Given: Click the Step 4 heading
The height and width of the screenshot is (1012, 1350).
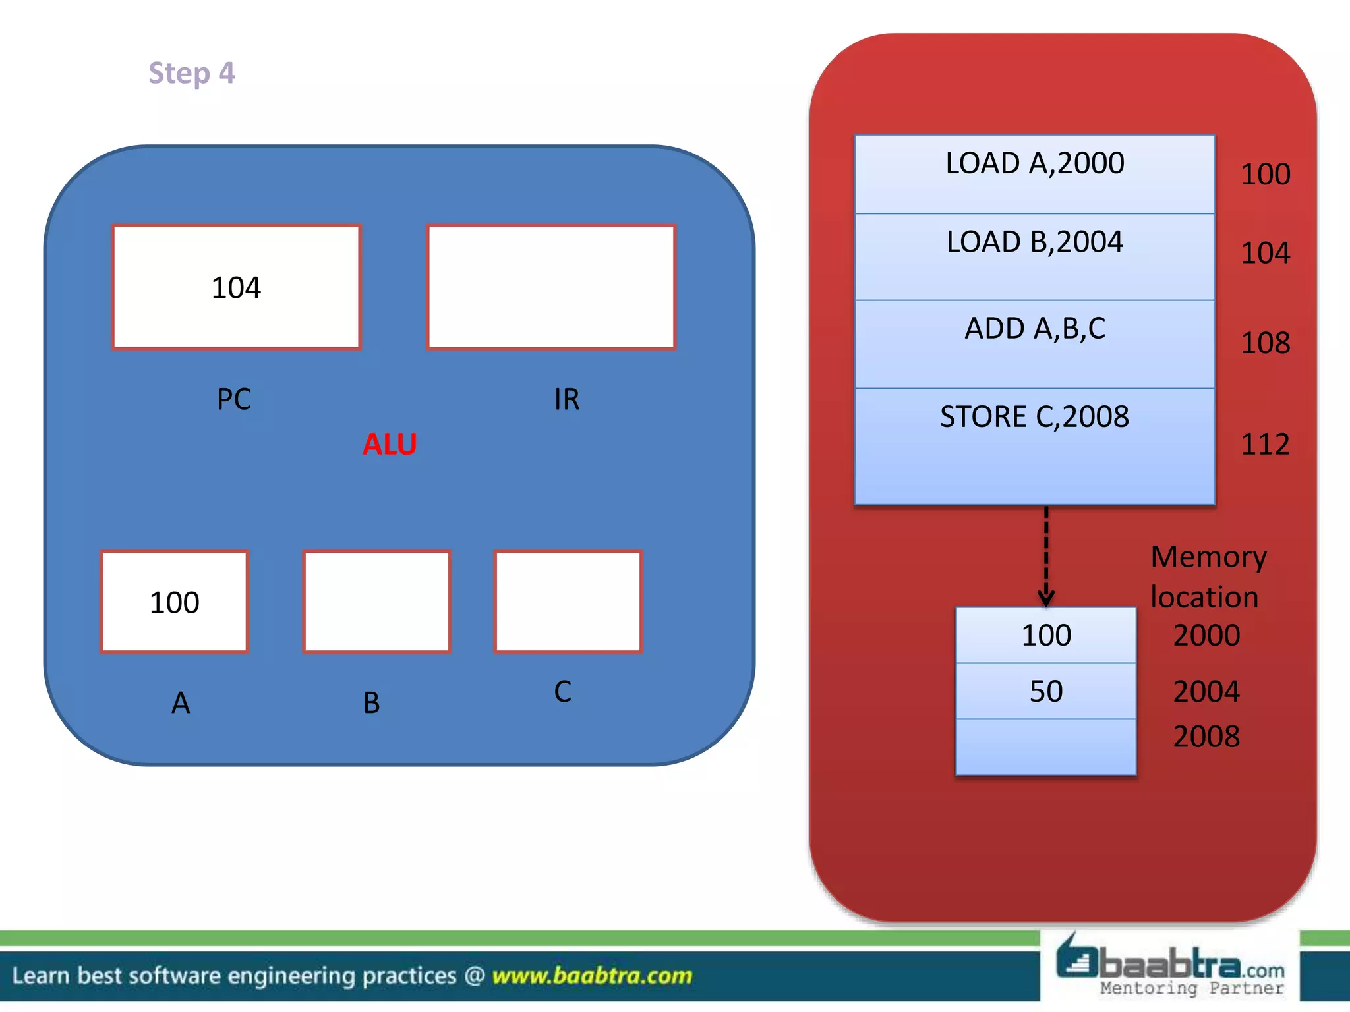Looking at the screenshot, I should click(191, 73).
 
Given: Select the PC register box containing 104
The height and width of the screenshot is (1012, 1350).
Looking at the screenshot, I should click(236, 287).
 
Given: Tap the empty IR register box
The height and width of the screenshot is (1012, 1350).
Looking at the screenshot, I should click(551, 287).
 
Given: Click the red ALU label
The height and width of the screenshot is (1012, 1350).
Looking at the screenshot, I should click(390, 444).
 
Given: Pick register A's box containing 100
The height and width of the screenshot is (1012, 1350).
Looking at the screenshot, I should click(175, 602).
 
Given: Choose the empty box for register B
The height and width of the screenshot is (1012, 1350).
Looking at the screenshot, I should click(376, 602).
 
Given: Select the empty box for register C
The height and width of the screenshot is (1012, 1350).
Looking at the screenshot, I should click(568, 602).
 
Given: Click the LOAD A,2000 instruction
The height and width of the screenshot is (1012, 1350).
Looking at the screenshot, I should click(1034, 163).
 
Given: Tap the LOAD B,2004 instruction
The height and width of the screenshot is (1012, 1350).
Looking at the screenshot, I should click(1034, 242).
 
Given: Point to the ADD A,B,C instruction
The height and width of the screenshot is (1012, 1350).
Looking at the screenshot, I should click(1034, 329).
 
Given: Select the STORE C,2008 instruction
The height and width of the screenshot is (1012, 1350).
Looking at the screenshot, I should click(1034, 417).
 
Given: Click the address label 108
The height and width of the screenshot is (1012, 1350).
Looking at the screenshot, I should click(1265, 343).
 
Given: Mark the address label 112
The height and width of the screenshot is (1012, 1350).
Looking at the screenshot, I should click(1265, 444).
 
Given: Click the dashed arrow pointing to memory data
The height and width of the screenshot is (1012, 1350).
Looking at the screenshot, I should click(1046, 557).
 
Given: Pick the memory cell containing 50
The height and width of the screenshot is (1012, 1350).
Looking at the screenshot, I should click(1046, 691).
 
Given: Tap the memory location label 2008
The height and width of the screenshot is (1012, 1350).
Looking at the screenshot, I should click(1206, 736).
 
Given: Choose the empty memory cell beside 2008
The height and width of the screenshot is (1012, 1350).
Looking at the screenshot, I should click(1046, 747).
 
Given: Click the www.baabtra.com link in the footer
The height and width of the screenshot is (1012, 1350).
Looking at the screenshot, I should click(592, 975).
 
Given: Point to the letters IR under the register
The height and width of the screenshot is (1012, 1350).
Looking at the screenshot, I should click(567, 399).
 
